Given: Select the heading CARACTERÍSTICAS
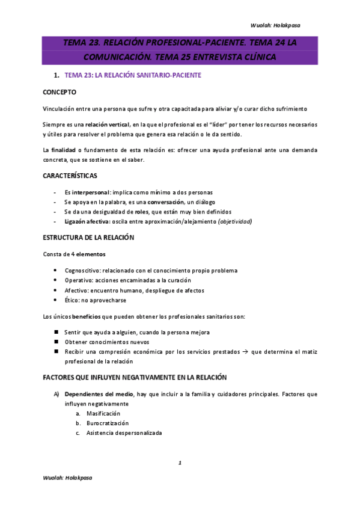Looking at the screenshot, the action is point(70,176).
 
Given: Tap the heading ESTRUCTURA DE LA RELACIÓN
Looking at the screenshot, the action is point(88,238).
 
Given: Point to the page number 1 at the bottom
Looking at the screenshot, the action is point(180,462).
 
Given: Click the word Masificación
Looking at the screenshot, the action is point(103,414).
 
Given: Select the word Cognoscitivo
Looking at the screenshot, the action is point(85,271).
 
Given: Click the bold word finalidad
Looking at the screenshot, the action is point(63,149).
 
